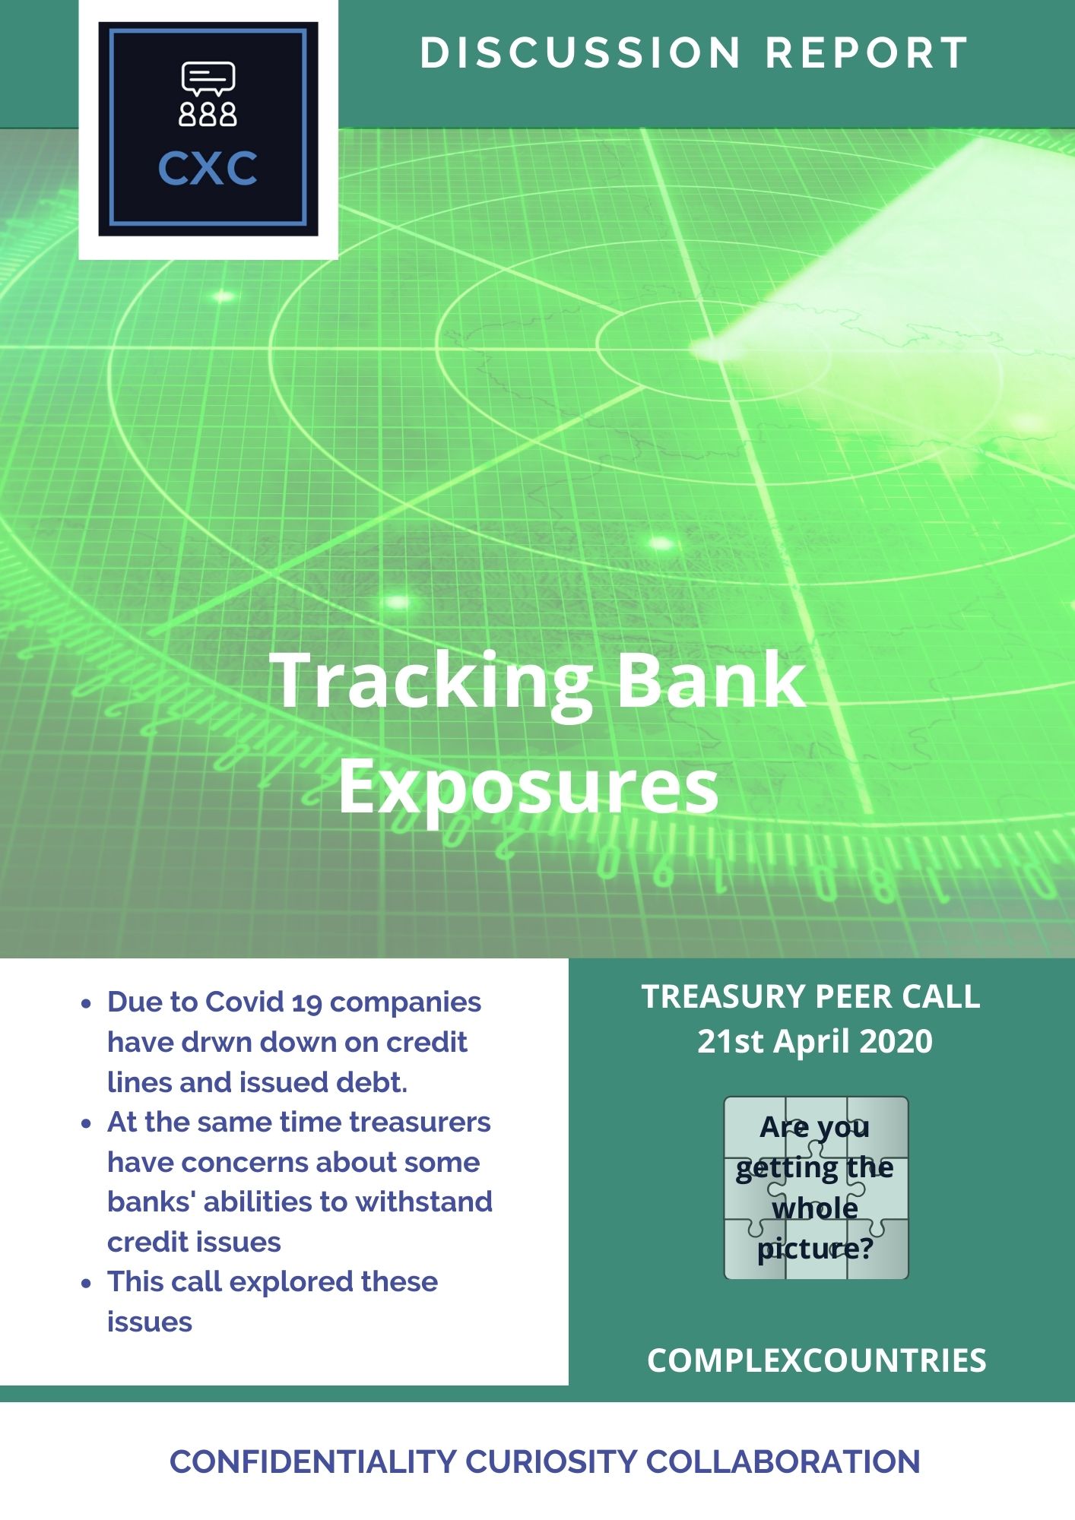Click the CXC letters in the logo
(208, 169)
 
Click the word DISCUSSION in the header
(580, 53)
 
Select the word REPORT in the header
(867, 53)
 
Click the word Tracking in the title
(430, 682)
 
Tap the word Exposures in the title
(528, 787)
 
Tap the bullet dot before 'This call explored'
(87, 1283)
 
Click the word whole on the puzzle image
(815, 1208)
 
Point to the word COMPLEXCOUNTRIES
(817, 1360)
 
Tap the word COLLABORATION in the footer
(783, 1461)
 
